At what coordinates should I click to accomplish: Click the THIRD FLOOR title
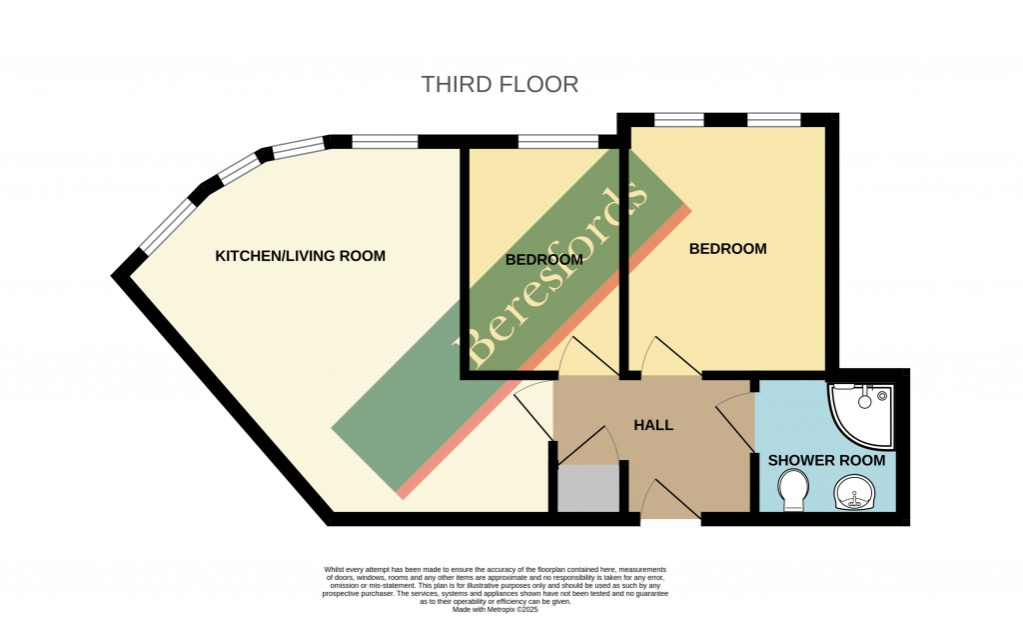(x=500, y=84)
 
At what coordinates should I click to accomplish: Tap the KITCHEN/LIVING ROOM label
(x=300, y=256)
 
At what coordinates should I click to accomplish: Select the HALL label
(x=653, y=425)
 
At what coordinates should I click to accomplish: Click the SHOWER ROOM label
(x=826, y=461)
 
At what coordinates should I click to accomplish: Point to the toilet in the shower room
(x=793, y=492)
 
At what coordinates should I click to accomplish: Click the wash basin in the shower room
(x=853, y=493)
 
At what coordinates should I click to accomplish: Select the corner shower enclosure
(x=860, y=416)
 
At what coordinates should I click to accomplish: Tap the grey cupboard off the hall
(x=588, y=489)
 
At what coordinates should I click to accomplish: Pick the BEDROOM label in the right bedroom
(x=727, y=249)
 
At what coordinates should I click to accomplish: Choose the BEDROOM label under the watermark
(x=544, y=260)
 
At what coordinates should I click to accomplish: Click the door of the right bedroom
(x=671, y=357)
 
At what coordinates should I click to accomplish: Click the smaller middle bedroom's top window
(x=559, y=141)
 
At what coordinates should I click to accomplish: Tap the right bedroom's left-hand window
(x=679, y=120)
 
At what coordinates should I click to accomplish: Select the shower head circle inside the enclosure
(x=864, y=402)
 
